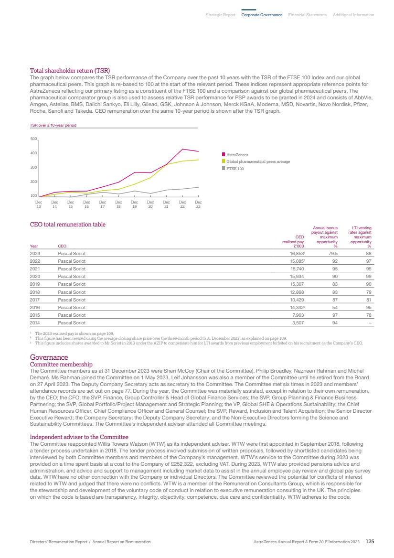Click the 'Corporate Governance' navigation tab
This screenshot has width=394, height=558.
click(x=262, y=15)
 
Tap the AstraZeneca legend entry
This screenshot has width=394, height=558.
click(x=237, y=155)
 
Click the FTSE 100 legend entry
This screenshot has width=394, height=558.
click(x=234, y=169)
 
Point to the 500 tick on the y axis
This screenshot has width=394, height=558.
click(x=33, y=139)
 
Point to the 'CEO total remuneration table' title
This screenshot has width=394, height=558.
click(x=67, y=225)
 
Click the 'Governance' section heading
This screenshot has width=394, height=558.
click(x=49, y=357)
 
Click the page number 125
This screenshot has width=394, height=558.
click(x=370, y=542)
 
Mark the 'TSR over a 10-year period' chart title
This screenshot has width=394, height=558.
click(x=53, y=125)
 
